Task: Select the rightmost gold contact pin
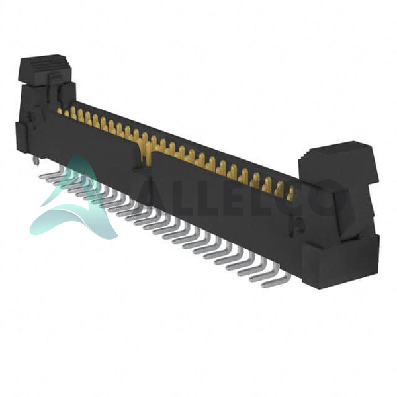tap(290, 193)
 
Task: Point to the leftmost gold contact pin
tap(60, 111)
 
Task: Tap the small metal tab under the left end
tap(37, 160)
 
